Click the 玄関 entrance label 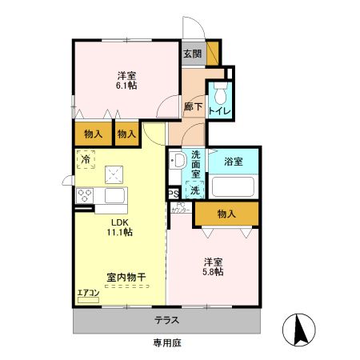192,54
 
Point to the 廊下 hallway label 192,106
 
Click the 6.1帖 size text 126,85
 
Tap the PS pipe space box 173,194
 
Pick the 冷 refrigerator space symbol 85,159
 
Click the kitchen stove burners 86,195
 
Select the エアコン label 88,294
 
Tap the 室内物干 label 126,278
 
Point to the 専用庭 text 169,343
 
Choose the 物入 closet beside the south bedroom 227,214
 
